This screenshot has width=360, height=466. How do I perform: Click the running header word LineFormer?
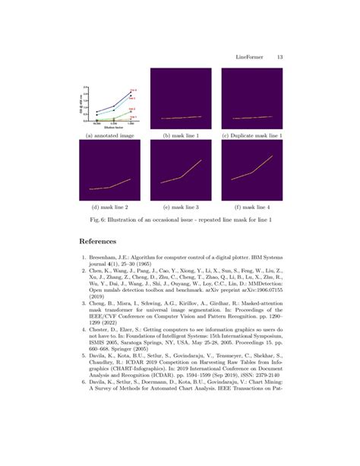pyautogui.click(x=251, y=56)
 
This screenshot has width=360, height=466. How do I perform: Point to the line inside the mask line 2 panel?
pyautogui.click(x=110, y=185)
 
